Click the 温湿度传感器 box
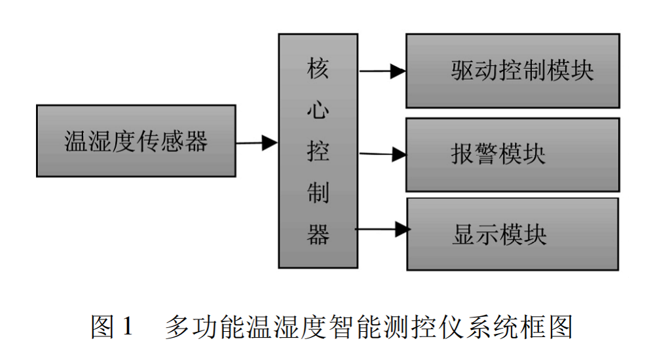click(136, 141)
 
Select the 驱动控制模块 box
click(512, 71)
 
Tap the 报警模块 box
click(512, 154)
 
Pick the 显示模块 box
click(512, 234)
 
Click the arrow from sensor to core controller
click(257, 142)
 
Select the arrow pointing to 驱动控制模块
click(383, 71)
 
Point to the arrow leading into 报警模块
click(383, 154)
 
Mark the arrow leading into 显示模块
click(383, 229)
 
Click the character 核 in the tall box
click(318, 69)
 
